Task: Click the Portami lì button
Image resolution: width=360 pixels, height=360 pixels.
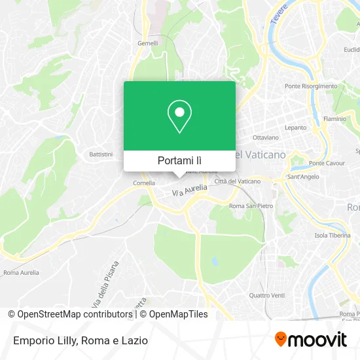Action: (x=179, y=160)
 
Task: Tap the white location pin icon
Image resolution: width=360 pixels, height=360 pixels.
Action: (x=179, y=117)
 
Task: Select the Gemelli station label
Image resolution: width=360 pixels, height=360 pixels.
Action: (x=147, y=43)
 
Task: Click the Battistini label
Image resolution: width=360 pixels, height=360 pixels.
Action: (x=101, y=154)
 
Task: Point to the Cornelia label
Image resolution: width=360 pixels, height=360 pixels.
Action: (x=144, y=183)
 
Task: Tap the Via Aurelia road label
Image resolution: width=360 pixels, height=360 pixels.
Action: (x=189, y=190)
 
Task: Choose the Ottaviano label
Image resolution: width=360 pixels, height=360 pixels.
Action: (x=266, y=138)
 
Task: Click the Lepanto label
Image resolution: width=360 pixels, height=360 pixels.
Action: (x=295, y=128)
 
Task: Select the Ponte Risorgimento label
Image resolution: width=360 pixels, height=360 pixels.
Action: (x=311, y=86)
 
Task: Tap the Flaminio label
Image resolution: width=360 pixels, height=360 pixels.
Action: (x=334, y=120)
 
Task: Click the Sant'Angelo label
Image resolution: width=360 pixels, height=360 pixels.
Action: (x=304, y=177)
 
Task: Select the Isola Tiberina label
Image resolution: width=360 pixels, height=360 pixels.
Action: (x=330, y=236)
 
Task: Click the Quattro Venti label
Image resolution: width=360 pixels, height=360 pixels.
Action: (x=267, y=295)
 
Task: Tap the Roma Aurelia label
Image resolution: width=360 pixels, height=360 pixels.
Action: (x=21, y=272)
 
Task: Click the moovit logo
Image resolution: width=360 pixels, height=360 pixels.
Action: (x=311, y=340)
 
